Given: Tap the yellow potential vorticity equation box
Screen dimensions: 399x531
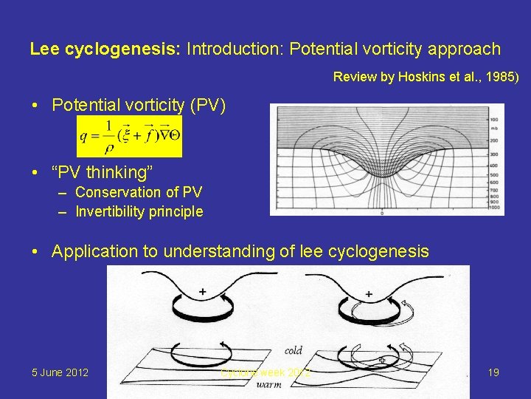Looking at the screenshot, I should tap(129, 136).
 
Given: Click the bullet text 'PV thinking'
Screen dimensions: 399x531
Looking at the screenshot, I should tap(103, 173).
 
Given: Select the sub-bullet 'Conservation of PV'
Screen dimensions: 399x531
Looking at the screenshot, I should tap(139, 193).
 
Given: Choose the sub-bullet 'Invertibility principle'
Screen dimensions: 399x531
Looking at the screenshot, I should tap(139, 211).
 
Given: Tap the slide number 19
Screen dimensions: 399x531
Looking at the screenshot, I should tap(493, 372).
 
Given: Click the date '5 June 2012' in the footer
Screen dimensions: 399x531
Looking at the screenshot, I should tap(60, 372).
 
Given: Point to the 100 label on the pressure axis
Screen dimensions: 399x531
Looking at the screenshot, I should tap(493, 118).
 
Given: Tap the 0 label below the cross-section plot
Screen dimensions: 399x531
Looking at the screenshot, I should tap(382, 214).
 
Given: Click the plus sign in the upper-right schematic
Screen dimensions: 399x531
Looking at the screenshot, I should tap(369, 294).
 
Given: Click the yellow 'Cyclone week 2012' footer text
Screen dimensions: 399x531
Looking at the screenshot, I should tap(265, 372).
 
